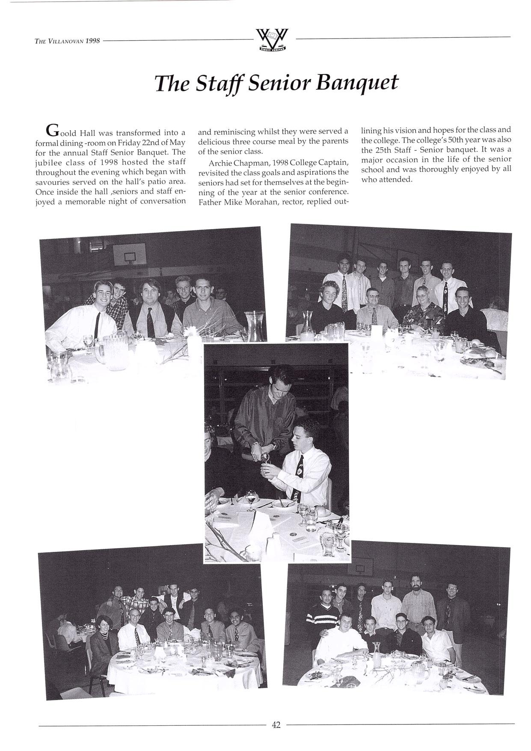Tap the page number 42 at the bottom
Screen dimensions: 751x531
point(276,725)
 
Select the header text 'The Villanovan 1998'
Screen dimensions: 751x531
point(67,41)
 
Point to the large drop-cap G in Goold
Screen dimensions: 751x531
point(51,129)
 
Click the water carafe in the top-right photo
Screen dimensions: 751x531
point(307,326)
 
